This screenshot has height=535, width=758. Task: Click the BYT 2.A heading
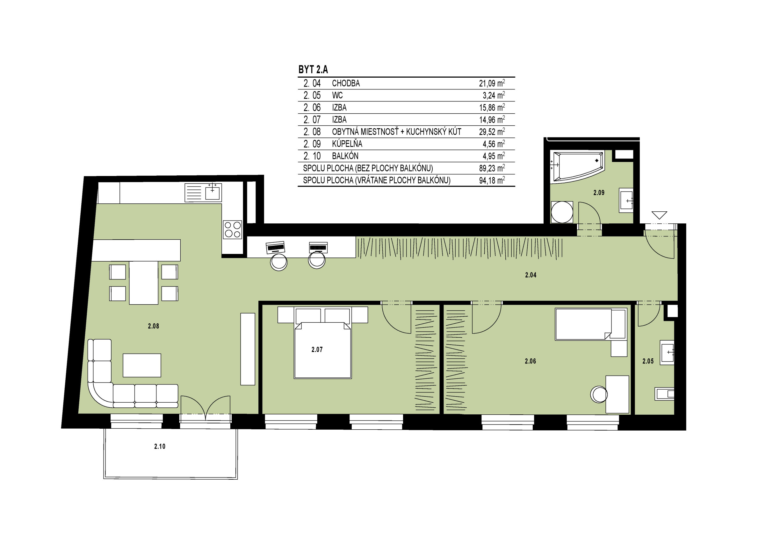313,70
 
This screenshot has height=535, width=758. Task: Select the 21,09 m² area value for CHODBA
492,83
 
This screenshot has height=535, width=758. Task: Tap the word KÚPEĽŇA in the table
347,144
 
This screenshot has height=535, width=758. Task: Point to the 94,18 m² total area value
492,180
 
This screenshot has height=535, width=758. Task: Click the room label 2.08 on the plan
154,326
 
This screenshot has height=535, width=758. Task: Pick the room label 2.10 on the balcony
160,447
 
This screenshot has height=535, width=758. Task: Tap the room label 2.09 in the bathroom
599,193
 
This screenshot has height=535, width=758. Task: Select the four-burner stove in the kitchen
233,229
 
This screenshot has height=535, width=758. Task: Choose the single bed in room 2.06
591,324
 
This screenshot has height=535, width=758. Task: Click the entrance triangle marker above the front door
659,215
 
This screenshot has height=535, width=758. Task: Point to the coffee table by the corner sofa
142,365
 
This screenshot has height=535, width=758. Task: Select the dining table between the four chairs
144,283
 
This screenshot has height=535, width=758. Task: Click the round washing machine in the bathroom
562,212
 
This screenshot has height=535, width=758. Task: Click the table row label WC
337,95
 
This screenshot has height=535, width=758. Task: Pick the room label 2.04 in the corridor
531,275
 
